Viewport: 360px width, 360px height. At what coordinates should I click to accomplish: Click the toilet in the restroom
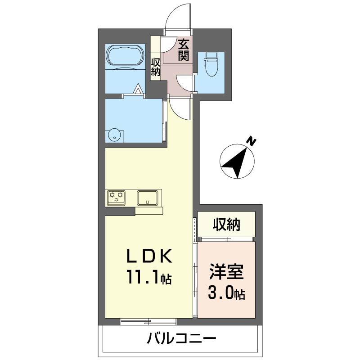pos(211,64)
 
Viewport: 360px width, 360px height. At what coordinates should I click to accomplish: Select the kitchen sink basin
pos(148,198)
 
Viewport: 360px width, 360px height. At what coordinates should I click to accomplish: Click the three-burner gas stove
pos(116,197)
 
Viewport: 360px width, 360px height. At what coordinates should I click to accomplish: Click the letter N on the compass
pos(252,142)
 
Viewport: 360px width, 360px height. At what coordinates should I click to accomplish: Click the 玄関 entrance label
pos(184,50)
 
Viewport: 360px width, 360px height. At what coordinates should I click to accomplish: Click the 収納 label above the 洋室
pos(226,224)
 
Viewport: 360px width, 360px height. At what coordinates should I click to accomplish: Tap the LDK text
pos(149,256)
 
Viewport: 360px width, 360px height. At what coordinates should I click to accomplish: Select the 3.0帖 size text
pos(227,293)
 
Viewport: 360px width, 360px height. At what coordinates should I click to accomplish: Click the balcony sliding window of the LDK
pos(148,322)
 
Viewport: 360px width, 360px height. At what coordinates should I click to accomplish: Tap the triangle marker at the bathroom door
pos(138,89)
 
